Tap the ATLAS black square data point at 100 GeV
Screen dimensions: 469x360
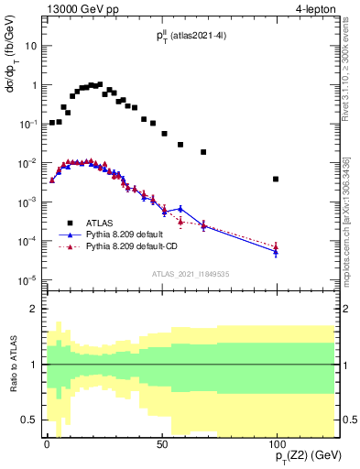point(276,180)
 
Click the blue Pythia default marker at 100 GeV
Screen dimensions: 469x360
point(276,252)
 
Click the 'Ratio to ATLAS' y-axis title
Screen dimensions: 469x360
point(12,365)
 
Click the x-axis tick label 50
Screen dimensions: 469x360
point(161,441)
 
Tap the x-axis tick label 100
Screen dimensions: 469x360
point(276,441)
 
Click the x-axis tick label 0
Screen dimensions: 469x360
point(47,441)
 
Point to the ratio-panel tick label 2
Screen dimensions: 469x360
point(34,310)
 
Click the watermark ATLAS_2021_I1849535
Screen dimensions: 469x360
point(191,274)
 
